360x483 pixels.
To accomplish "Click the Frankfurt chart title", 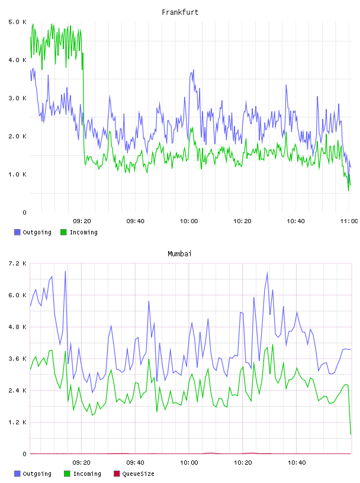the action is click(x=180, y=12).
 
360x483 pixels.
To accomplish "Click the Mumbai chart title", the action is click(x=179, y=254).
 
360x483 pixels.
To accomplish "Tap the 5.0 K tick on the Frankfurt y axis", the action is click(x=17, y=22).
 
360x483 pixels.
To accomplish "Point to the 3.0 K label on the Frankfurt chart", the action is click(x=17, y=98).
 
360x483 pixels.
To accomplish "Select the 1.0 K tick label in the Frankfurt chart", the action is click(x=17, y=175).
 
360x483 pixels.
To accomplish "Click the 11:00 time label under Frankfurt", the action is click(x=349, y=221).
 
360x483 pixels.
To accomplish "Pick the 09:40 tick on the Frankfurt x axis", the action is click(x=136, y=221).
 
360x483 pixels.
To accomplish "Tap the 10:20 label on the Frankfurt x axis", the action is click(x=242, y=221).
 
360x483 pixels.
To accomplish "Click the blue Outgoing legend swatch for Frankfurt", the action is click(x=17, y=232).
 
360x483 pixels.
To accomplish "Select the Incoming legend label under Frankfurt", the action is click(x=83, y=232).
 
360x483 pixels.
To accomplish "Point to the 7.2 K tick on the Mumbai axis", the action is click(x=17, y=263).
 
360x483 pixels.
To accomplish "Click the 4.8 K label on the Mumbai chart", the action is click(x=17, y=327).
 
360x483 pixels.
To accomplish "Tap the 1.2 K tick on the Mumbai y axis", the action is click(x=17, y=422).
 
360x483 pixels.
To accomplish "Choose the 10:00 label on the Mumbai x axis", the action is click(x=189, y=462).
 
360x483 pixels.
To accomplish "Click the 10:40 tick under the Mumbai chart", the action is click(x=297, y=462).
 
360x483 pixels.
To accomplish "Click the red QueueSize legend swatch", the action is click(x=117, y=474).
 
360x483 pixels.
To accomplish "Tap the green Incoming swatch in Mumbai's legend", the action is click(x=67, y=474).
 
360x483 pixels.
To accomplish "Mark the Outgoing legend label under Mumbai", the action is click(x=37, y=474).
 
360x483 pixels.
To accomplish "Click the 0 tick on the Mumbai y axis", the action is click(x=24, y=454).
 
